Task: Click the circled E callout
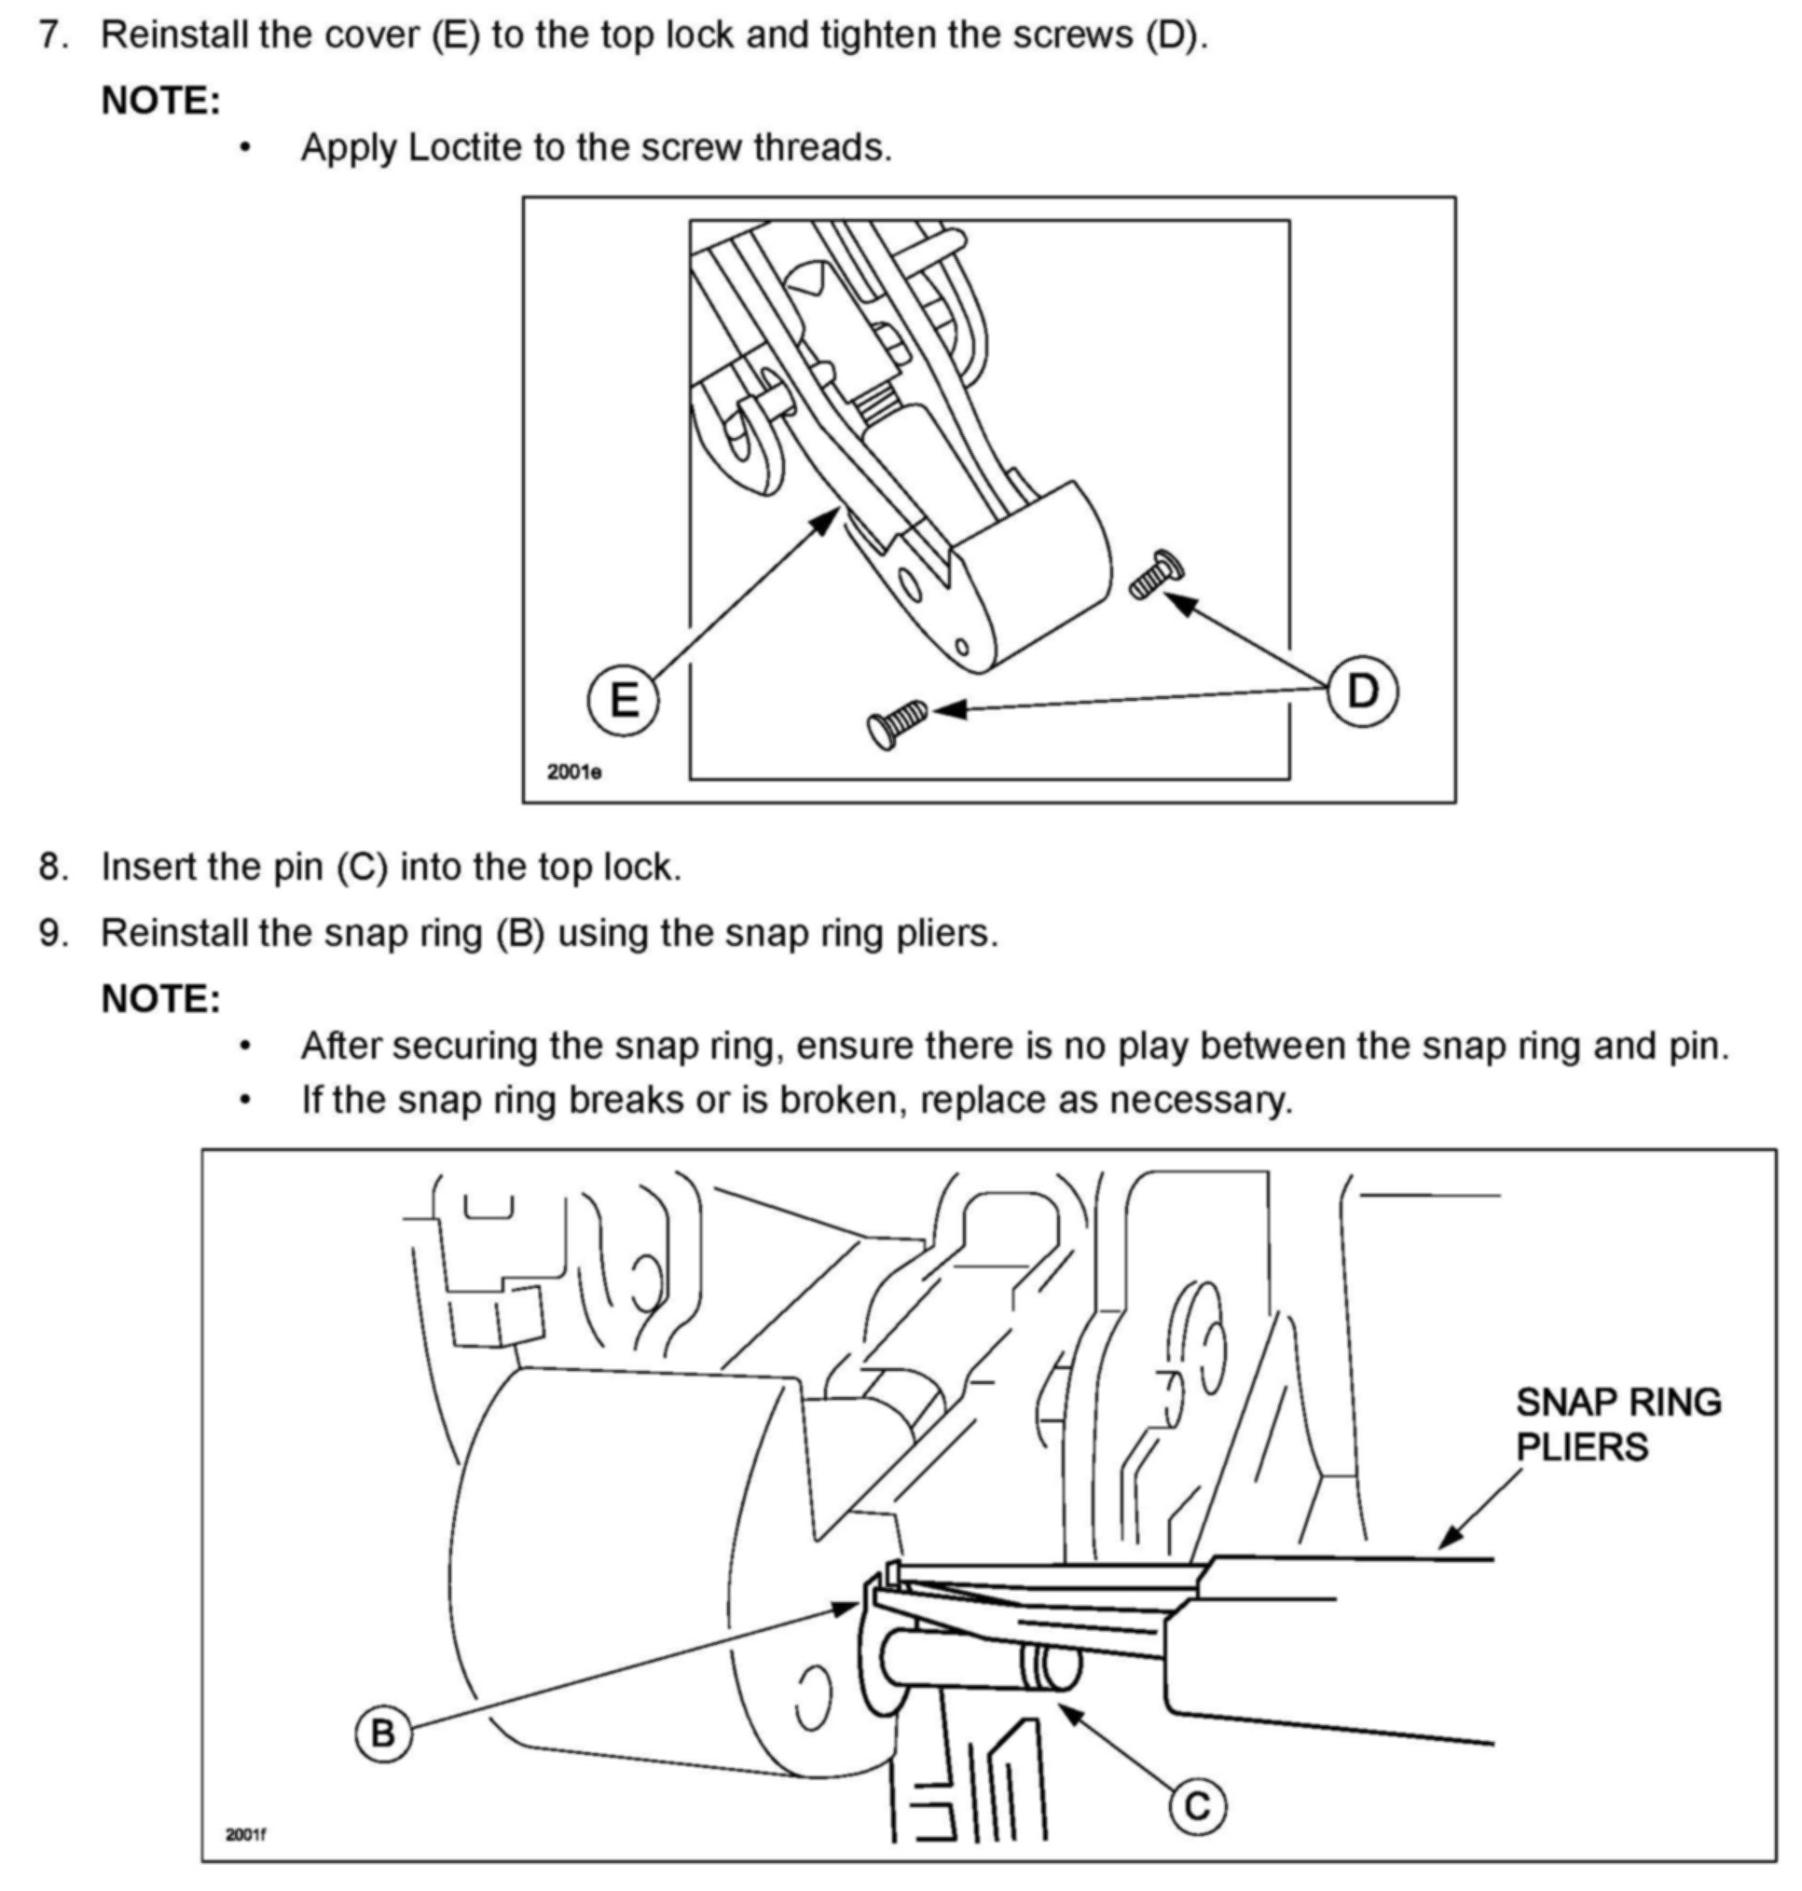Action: (624, 699)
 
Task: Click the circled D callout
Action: (1362, 691)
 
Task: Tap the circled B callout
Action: (382, 1733)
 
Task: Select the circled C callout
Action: (1197, 1806)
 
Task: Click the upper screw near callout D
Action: (1156, 574)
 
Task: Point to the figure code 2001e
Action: (574, 771)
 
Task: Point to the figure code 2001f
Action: (246, 1835)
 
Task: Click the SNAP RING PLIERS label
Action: (1617, 1424)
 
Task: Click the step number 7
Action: (54, 34)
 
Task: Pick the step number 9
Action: (54, 933)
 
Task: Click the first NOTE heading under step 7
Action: (161, 101)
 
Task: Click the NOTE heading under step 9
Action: (161, 999)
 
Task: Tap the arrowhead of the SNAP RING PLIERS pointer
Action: (1447, 1540)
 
